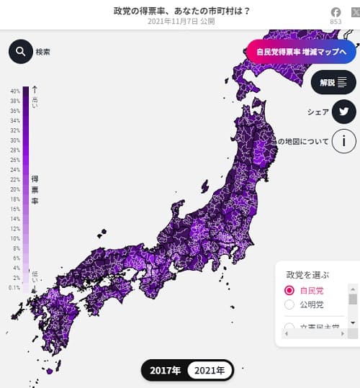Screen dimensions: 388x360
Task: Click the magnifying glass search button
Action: click(x=21, y=51)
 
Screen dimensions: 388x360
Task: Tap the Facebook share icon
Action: click(x=336, y=12)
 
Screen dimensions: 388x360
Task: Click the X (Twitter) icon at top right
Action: click(x=354, y=12)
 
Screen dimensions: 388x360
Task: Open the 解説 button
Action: click(x=333, y=82)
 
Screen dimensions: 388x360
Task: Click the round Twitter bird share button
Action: click(x=344, y=112)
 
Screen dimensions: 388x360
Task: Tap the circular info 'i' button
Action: click(x=344, y=141)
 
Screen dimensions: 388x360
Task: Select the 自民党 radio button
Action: click(x=289, y=290)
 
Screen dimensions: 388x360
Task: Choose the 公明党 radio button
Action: click(x=289, y=304)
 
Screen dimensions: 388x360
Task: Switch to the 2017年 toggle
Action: click(x=166, y=371)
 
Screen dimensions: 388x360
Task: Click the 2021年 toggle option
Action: click(x=210, y=371)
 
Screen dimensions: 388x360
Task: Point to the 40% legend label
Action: click(x=15, y=91)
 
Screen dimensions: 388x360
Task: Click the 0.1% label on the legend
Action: click(x=14, y=287)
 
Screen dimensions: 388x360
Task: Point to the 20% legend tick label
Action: click(x=15, y=189)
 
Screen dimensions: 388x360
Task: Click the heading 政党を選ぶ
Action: click(x=307, y=274)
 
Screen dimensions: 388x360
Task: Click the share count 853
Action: click(x=336, y=22)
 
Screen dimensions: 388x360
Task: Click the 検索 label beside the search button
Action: click(x=43, y=52)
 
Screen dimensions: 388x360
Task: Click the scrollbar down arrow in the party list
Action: click(x=353, y=322)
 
